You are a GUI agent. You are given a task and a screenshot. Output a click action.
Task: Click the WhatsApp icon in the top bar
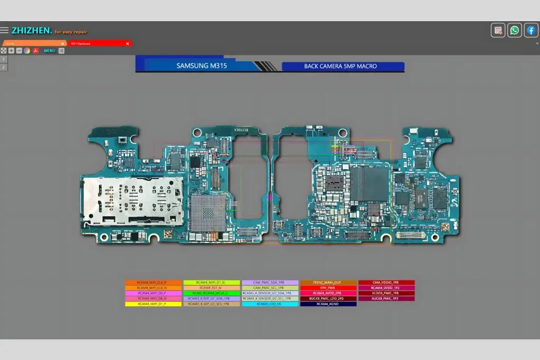(515, 30)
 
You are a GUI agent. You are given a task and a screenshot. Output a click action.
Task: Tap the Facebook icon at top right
(531, 30)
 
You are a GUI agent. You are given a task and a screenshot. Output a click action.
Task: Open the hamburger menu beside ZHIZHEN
(4, 30)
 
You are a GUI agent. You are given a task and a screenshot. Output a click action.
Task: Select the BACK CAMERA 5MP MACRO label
(343, 66)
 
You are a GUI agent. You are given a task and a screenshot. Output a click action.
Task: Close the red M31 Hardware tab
(128, 44)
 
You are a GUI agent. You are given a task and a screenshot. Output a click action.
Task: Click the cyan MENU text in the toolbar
(50, 51)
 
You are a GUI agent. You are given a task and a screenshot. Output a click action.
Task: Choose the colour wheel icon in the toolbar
(27, 51)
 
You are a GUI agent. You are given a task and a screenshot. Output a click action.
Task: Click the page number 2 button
(4, 67)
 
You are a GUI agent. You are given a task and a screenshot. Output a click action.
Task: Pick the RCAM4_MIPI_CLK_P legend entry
(152, 283)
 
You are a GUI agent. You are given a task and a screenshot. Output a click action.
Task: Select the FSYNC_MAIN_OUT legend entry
(328, 283)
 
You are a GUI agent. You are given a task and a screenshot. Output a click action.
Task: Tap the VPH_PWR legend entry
(328, 288)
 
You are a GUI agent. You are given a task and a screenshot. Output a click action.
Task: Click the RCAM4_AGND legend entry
(328, 304)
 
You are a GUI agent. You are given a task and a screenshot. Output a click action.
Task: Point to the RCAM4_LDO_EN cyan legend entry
(270, 304)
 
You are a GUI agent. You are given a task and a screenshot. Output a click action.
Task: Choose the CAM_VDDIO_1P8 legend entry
(386, 283)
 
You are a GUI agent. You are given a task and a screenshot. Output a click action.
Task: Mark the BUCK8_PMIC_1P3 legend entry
(386, 299)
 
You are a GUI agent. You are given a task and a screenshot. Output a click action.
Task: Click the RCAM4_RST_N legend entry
(211, 288)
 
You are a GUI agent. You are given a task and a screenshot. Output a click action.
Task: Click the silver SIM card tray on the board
(132, 200)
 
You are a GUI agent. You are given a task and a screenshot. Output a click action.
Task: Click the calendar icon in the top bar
(498, 30)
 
